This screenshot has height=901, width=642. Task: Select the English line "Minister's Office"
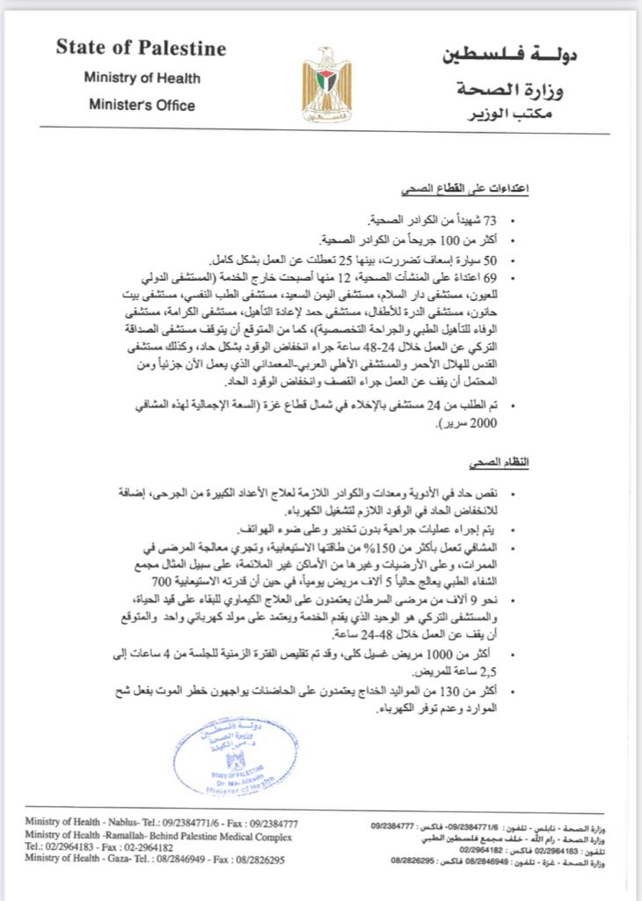[x=142, y=106]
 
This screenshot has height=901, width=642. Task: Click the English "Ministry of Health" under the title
[x=142, y=77]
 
